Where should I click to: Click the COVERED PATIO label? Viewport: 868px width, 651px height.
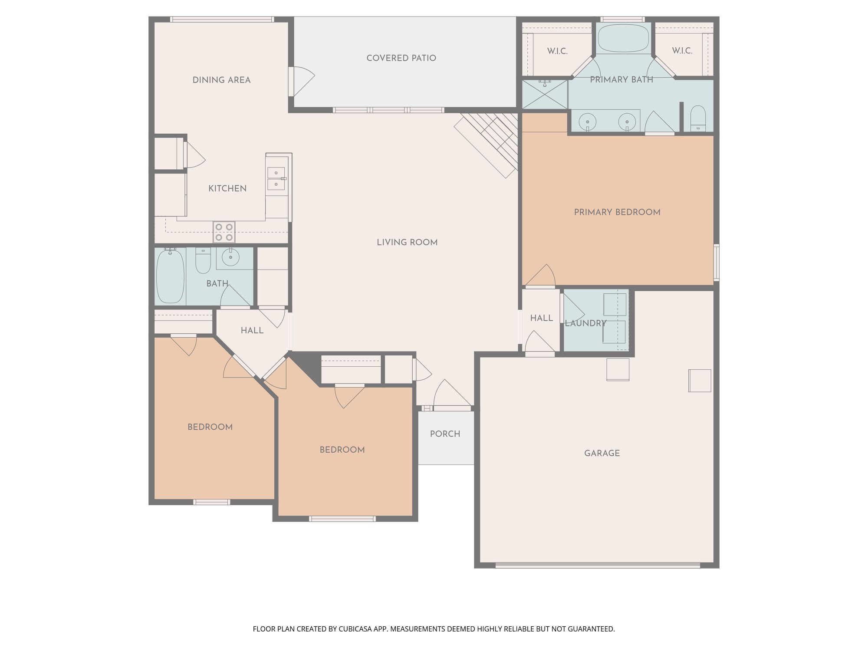point(401,58)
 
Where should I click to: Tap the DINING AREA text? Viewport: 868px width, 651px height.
point(221,80)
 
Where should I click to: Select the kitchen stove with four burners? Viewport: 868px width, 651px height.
point(224,232)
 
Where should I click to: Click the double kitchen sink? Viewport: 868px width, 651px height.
point(276,179)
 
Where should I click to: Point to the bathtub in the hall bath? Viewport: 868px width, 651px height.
point(171,276)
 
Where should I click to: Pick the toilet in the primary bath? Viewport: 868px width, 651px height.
point(698,118)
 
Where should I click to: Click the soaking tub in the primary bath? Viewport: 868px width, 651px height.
point(623,38)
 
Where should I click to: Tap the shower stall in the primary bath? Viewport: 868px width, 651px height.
point(545,94)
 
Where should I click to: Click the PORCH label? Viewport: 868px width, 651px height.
point(445,434)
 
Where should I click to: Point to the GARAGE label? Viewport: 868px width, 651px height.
point(602,453)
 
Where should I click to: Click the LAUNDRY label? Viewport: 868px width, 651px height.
point(585,323)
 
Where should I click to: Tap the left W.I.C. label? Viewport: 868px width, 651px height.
point(557,51)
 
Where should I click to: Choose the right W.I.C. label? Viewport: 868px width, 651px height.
point(682,51)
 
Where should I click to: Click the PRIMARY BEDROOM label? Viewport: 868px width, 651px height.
point(617,212)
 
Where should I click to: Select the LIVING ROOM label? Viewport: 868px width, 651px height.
point(407,243)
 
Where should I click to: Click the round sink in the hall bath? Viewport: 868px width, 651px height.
point(230,258)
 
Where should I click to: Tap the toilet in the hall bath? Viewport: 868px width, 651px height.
point(203,260)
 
